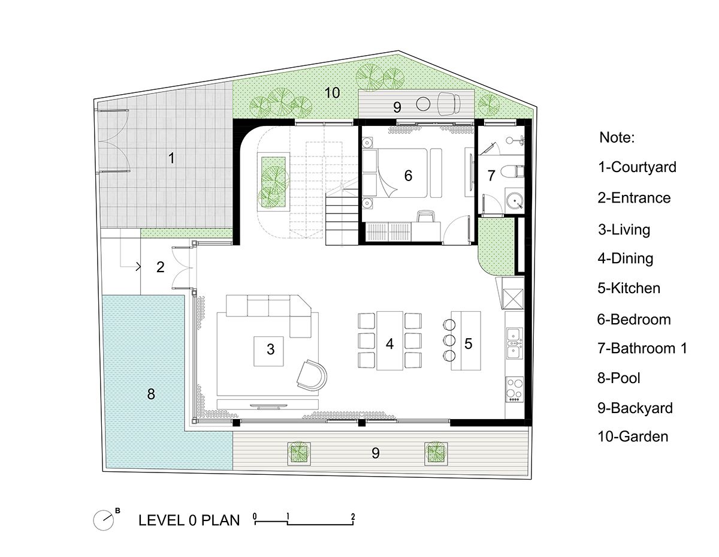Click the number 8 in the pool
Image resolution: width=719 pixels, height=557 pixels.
click(151, 394)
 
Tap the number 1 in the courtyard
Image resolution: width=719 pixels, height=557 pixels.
click(171, 158)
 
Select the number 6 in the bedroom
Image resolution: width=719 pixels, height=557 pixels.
click(408, 176)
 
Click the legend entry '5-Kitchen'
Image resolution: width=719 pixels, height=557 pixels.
click(629, 288)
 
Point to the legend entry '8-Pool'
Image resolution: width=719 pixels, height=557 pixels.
click(619, 378)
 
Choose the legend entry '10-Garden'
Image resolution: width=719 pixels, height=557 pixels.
click(633, 436)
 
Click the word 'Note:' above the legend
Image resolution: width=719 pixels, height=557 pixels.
click(617, 137)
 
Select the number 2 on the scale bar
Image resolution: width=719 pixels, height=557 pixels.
click(353, 517)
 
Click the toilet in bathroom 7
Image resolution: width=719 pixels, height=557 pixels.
click(512, 172)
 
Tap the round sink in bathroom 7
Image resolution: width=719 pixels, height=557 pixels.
click(515, 200)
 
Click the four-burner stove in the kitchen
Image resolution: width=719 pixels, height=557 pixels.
click(515, 390)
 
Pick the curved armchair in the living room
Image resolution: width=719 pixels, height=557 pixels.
click(312, 375)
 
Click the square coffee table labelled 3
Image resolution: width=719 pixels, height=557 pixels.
click(268, 351)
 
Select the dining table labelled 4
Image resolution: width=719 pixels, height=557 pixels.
click(389, 341)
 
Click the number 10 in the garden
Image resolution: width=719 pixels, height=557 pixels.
click(332, 93)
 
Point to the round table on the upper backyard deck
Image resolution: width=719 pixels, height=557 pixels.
click(423, 104)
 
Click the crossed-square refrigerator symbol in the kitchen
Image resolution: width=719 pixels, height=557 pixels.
click(513, 299)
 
